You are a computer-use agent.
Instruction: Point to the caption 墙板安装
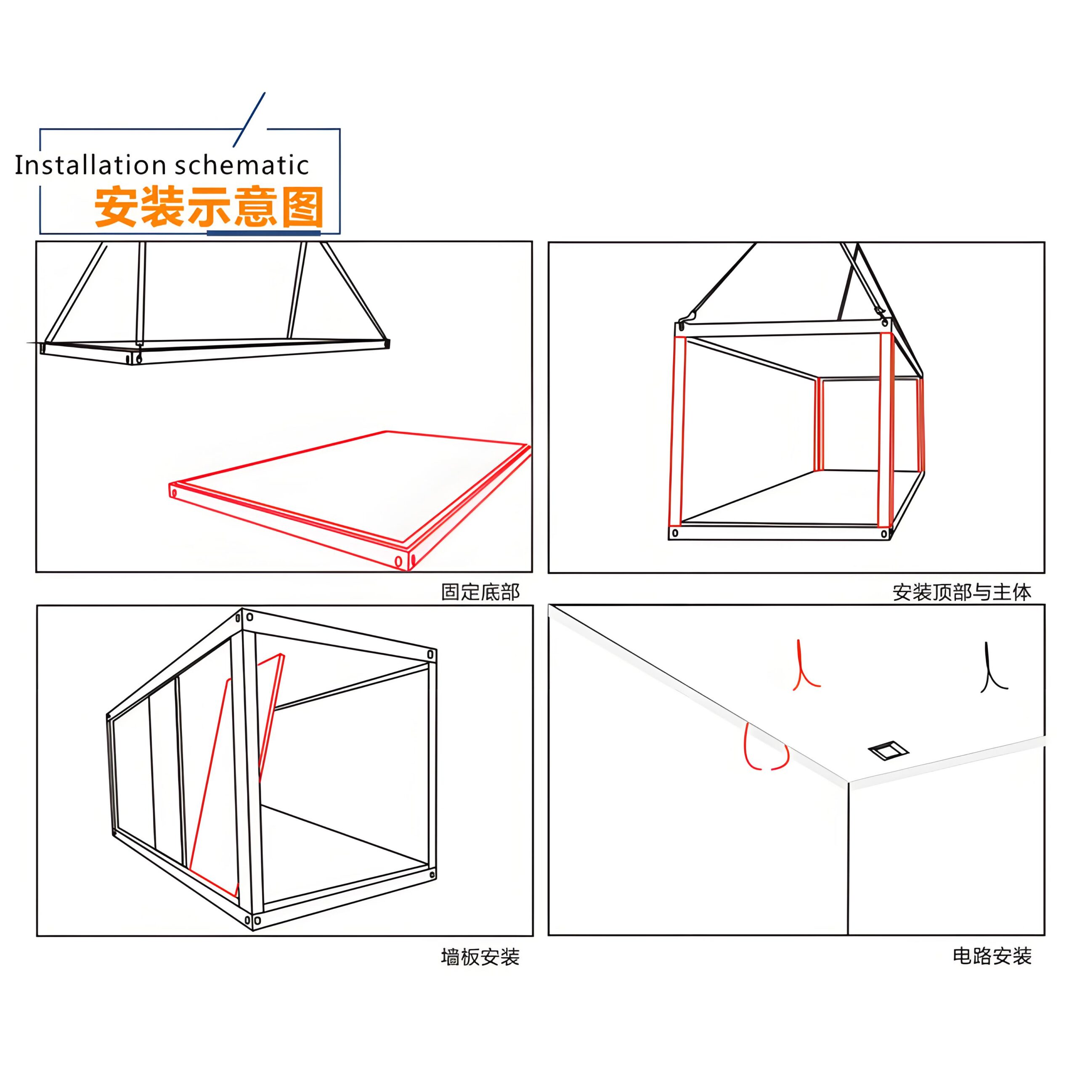tap(480, 957)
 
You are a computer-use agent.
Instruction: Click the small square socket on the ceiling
tap(889, 751)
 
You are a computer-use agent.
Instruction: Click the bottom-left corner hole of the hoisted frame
tap(675, 533)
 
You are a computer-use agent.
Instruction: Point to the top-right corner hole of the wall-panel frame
tap(430, 654)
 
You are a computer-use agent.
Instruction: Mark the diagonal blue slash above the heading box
tap(249, 119)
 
